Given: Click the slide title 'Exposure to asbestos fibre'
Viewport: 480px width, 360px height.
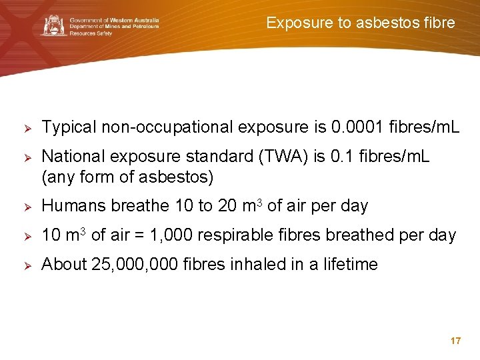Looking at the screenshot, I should [361, 23].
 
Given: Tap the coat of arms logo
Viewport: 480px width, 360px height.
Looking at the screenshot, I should [54, 25].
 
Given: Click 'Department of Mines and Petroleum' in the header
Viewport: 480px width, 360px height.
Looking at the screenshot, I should [114, 26].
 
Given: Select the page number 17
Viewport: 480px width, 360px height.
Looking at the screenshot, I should [456, 341].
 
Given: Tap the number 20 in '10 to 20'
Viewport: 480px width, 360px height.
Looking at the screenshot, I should [226, 206].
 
